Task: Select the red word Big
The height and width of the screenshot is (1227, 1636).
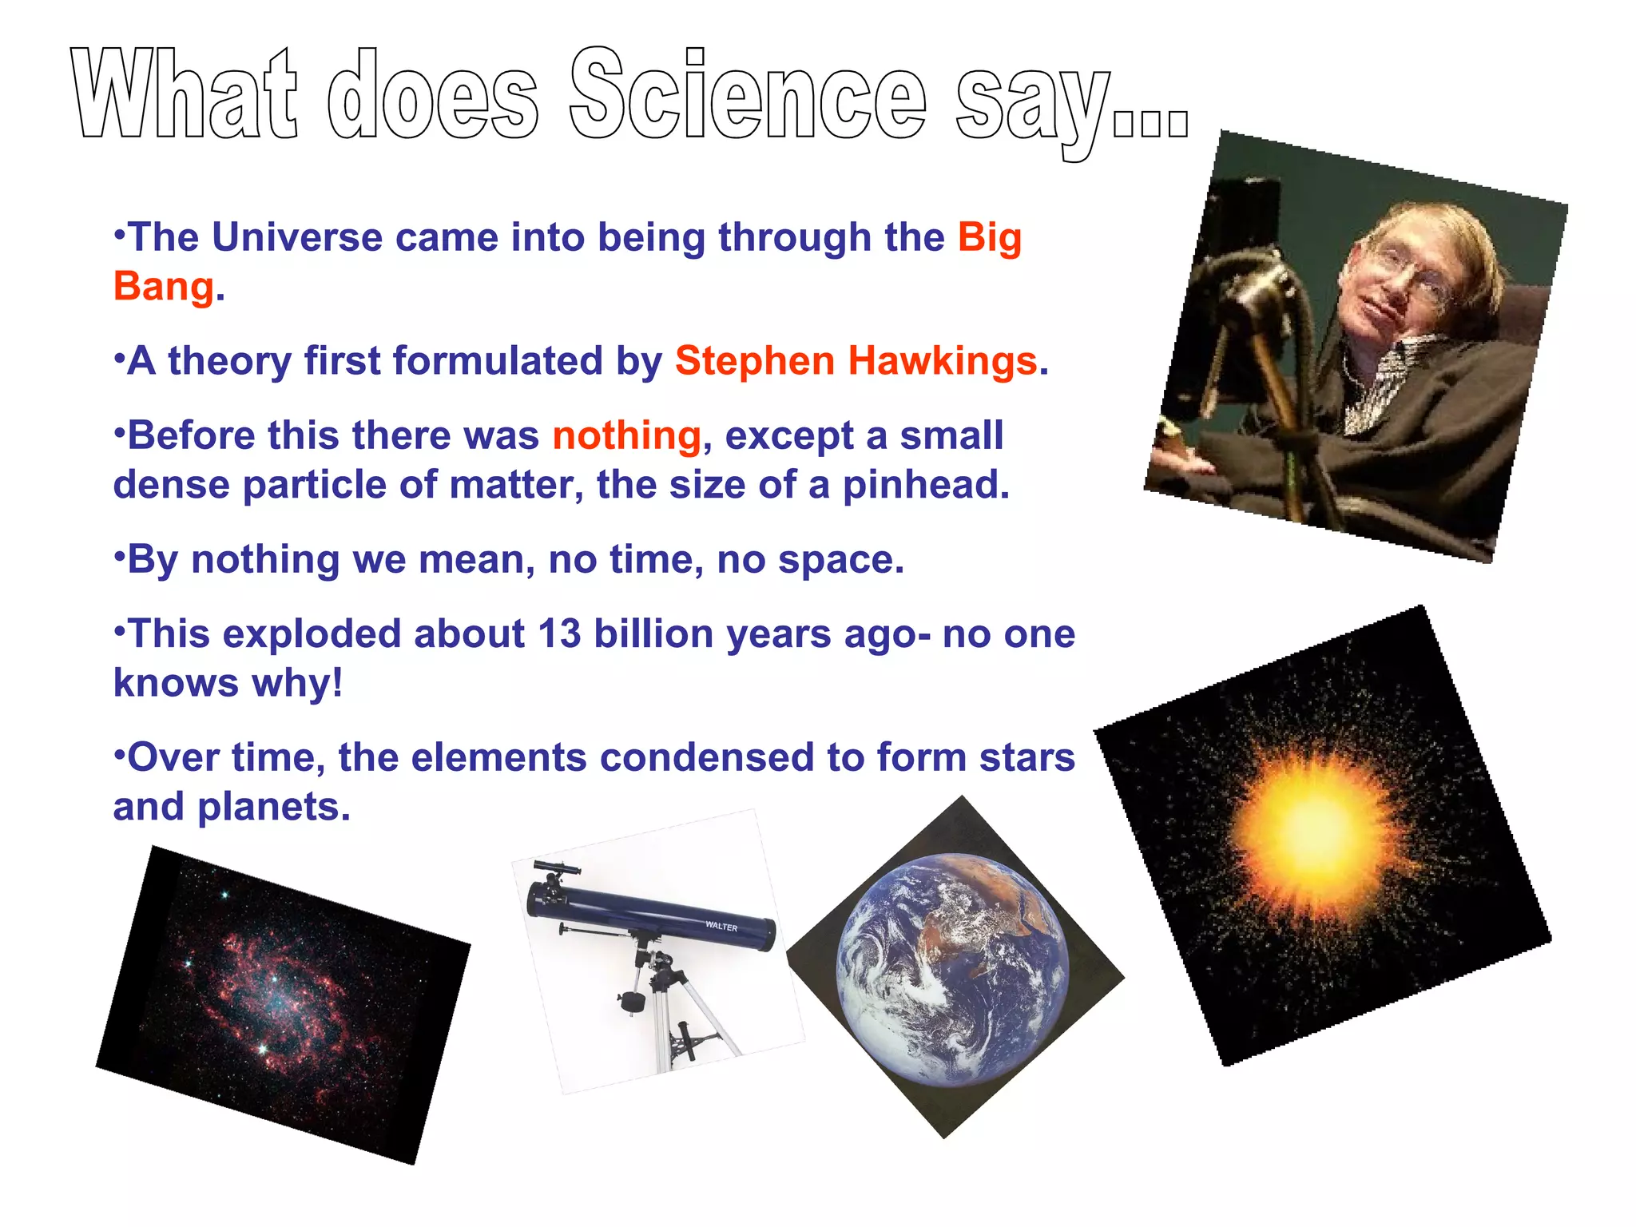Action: click(990, 237)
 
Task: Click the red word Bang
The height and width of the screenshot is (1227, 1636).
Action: click(164, 287)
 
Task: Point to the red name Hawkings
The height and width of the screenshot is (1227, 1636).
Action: click(943, 361)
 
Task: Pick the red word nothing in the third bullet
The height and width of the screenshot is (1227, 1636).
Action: click(626, 436)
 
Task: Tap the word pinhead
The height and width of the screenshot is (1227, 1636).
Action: click(926, 485)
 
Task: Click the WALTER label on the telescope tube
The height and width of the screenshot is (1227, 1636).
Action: click(721, 927)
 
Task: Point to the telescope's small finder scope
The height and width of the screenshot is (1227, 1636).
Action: click(557, 868)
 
